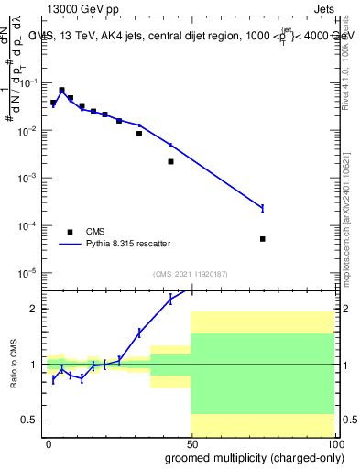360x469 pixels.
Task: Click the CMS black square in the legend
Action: click(x=70, y=232)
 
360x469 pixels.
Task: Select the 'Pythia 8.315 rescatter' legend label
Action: click(x=136, y=245)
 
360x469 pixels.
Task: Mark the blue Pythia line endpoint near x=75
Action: click(x=262, y=208)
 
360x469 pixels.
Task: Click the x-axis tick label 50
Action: click(x=191, y=442)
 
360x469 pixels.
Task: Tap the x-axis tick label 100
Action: click(x=333, y=442)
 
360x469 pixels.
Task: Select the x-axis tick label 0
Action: click(x=49, y=442)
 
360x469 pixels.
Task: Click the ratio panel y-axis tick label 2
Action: click(x=33, y=309)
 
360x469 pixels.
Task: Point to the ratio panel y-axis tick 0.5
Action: click(x=29, y=420)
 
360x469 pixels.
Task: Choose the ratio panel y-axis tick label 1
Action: click(x=33, y=365)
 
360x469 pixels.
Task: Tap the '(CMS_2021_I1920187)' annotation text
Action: click(x=190, y=274)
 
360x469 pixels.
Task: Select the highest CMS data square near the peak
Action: click(x=61, y=91)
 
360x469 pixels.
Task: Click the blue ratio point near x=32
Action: click(x=139, y=333)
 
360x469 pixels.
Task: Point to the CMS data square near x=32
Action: click(x=139, y=134)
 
